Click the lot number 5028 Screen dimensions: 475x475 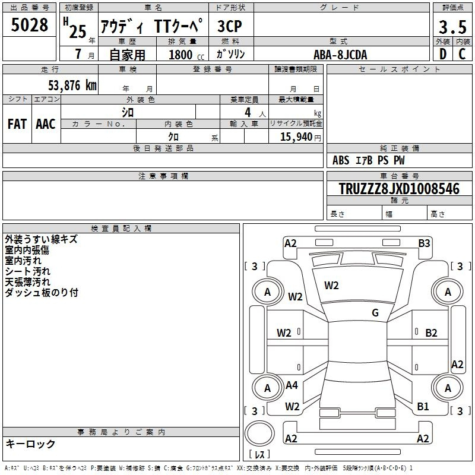pos(29,25)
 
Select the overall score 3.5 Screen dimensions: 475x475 pos(452,27)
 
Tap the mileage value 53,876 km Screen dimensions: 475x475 pos(72,85)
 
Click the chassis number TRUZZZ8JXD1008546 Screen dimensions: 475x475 pos(399,189)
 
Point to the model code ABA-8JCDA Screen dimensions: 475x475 pos(340,55)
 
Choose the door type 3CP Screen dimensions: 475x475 pos(230,26)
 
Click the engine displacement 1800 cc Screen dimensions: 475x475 pos(186,55)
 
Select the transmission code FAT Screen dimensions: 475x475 pos(17,124)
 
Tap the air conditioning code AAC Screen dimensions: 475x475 pos(46,124)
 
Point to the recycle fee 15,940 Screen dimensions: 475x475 pos(296,137)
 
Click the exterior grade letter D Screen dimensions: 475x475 pos(443,54)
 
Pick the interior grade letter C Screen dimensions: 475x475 pos(462,54)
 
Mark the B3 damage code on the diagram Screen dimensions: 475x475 pos(424,243)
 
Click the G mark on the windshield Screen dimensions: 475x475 pos(375,313)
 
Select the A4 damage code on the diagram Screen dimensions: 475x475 pos(292,385)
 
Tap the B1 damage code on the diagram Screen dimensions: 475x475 pos(423,407)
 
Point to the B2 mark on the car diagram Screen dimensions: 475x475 pos(431,333)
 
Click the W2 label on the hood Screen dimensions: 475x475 pos(331,286)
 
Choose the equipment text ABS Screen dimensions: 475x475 pos(341,160)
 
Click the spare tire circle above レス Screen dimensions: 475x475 pos(259,433)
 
